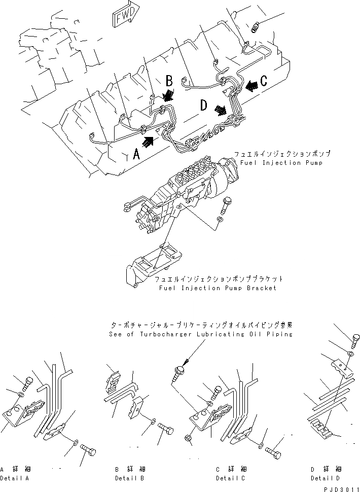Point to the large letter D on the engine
coord(203,106)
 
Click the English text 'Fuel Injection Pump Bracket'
coord(217,288)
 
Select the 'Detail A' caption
coord(15,478)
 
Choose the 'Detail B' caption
coord(130,478)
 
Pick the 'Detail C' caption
coord(231,478)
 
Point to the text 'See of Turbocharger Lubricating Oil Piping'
coord(201,335)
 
